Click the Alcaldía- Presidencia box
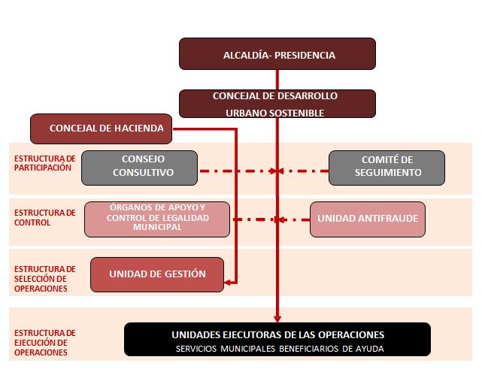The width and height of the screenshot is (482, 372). tap(277, 54)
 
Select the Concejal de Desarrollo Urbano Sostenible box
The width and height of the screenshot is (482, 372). tap(277, 104)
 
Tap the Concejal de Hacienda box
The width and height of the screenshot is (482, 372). tap(101, 129)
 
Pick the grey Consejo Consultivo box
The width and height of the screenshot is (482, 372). tap(140, 168)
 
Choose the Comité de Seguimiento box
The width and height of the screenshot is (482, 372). tap(387, 168)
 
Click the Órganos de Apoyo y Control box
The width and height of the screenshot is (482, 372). tap(157, 219)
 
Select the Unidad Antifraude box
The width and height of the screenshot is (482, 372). tap(368, 219)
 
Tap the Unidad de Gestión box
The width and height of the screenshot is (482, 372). tap(157, 274)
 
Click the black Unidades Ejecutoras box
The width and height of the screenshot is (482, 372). tap(277, 340)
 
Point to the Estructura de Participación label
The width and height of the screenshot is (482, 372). tap(44, 163)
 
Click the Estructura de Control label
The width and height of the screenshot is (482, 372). tap(44, 217)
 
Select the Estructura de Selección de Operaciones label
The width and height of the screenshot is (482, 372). tap(44, 279)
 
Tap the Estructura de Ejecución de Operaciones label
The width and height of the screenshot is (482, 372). tap(44, 343)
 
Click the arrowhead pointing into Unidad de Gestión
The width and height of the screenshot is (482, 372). tap(228, 283)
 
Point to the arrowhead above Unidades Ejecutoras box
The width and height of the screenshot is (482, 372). tap(277, 319)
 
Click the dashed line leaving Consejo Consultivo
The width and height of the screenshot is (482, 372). tap(237, 171)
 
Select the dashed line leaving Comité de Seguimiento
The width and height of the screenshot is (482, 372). tap(303, 171)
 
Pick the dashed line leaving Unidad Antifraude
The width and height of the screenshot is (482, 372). tap(294, 219)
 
